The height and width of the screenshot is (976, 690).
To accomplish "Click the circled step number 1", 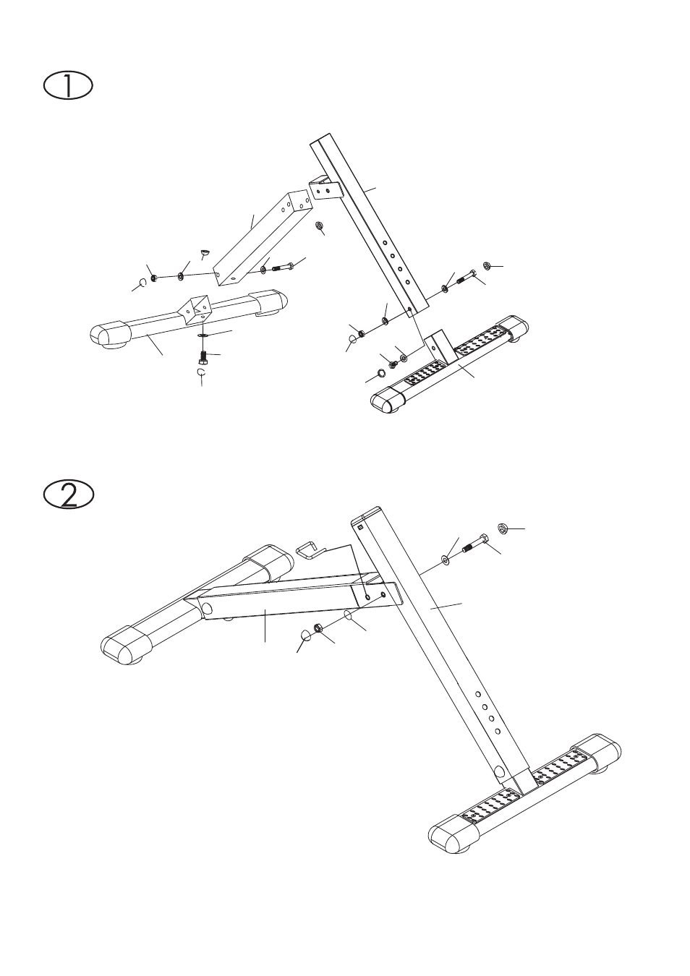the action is (68, 87).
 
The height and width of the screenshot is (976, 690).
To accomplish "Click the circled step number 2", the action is (69, 495).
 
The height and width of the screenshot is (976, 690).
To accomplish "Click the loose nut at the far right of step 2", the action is (503, 528).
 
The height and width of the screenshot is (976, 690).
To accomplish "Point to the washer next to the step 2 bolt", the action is (446, 559).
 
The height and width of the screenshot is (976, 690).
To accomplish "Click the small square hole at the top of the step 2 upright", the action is (360, 527).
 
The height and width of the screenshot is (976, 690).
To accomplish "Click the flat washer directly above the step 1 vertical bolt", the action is (203, 335).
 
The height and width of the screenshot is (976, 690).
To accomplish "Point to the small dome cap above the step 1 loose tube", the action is (205, 252).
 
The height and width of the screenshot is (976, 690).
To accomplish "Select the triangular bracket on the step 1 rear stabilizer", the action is (195, 309).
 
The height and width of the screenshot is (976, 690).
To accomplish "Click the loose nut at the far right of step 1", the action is (487, 265).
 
